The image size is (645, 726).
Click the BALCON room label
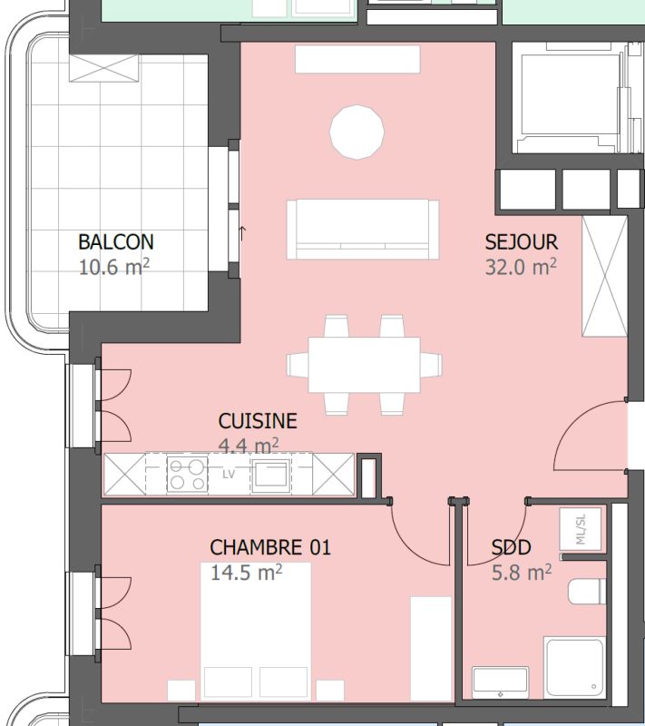[x=116, y=242]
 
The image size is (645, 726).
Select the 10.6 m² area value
[x=113, y=267]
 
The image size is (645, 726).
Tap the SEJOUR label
[x=521, y=242]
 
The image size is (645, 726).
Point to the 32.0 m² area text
[x=521, y=267]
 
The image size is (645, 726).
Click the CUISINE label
[x=258, y=421]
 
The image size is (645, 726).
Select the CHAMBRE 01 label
[x=270, y=548]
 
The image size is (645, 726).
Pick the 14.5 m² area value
[x=246, y=573]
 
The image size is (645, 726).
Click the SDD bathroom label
[x=511, y=548]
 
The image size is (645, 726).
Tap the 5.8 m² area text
[x=522, y=573]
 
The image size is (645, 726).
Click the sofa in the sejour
[x=363, y=230]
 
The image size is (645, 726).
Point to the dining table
[x=364, y=365]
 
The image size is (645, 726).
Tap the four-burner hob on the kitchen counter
[x=187, y=474]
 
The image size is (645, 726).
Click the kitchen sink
[x=271, y=474]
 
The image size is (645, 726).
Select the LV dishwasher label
[x=229, y=474]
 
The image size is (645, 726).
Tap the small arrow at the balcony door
[x=242, y=231]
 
